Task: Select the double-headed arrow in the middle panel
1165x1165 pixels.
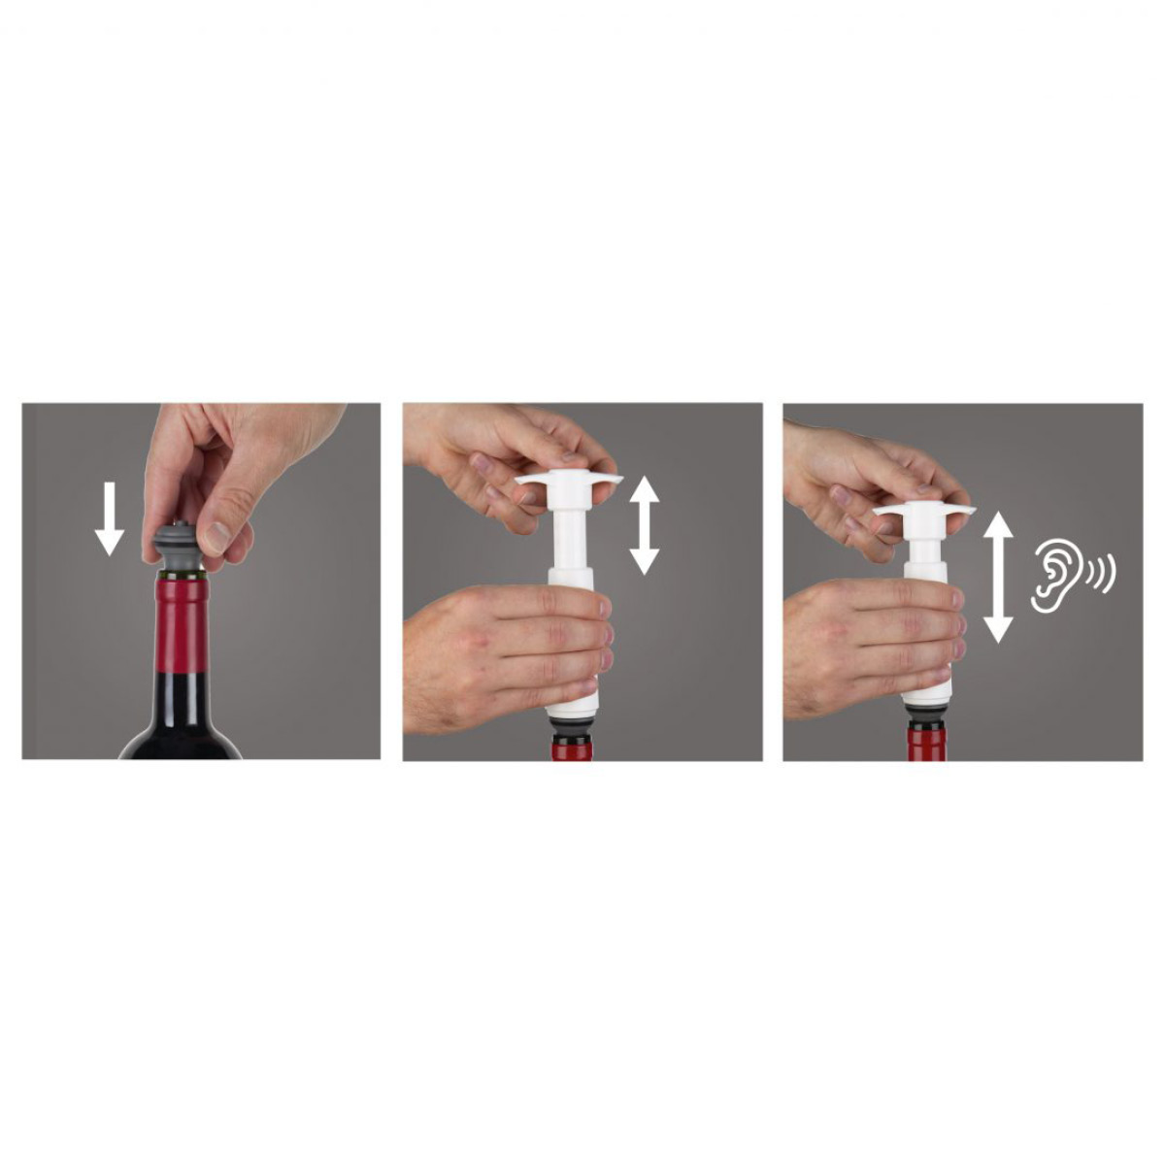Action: coord(644,525)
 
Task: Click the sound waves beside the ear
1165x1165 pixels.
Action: coord(1103,575)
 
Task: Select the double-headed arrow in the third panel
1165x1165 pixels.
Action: coord(998,579)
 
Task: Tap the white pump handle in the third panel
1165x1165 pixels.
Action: coord(922,511)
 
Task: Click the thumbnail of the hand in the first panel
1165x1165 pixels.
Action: coord(217,536)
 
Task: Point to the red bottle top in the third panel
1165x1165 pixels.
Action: coord(926,744)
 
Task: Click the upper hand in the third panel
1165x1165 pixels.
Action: coord(854,466)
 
